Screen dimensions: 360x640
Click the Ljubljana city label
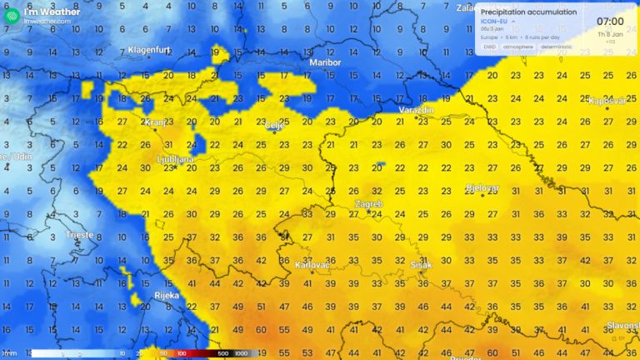(175, 158)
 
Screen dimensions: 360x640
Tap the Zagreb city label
(368, 204)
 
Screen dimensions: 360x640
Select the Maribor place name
(325, 62)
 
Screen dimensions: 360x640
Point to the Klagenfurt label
(148, 50)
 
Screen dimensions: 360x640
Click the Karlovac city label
(312, 266)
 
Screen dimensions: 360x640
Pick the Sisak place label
(422, 266)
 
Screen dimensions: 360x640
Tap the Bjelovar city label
(482, 187)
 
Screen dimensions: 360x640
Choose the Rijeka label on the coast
(167, 295)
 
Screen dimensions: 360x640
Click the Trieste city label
(80, 235)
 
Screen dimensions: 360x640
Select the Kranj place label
(155, 122)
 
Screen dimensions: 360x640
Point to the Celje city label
(275, 126)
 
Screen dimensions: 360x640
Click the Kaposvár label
(607, 100)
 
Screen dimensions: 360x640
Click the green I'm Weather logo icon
(12, 13)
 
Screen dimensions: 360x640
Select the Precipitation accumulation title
(528, 12)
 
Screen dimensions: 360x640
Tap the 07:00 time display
(610, 21)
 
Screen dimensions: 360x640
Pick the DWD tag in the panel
(489, 47)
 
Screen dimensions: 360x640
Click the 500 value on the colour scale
(222, 354)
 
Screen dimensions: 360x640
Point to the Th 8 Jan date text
(608, 34)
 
